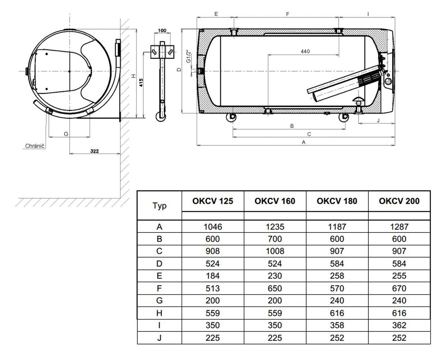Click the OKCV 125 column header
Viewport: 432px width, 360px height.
(212, 201)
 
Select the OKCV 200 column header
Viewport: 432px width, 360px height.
(399, 201)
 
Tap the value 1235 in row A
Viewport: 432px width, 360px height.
(275, 227)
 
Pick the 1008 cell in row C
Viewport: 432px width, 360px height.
(275, 251)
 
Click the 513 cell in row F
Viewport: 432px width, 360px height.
(212, 288)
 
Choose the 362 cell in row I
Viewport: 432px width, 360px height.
(399, 325)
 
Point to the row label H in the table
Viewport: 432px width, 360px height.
(159, 313)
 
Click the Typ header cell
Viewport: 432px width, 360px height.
(159, 206)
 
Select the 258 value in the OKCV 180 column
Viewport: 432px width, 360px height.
(337, 276)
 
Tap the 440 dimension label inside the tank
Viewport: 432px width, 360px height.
(305, 51)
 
